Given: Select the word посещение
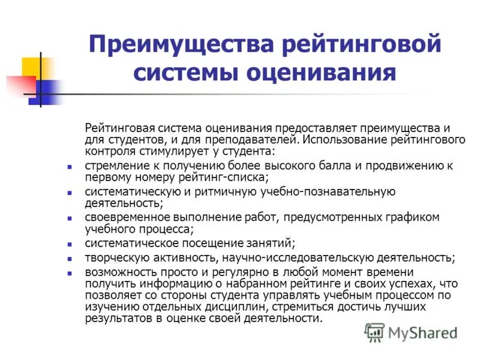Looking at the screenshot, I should click(208, 243).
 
